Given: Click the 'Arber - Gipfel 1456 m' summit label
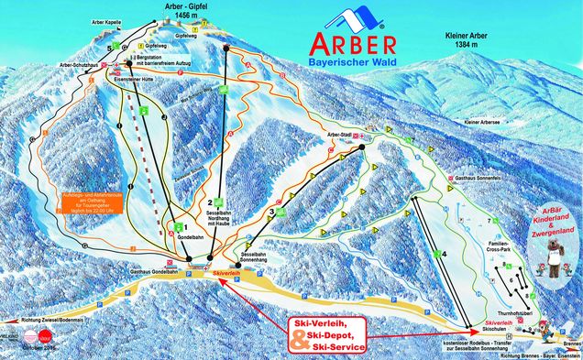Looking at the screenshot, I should pos(164,9).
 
